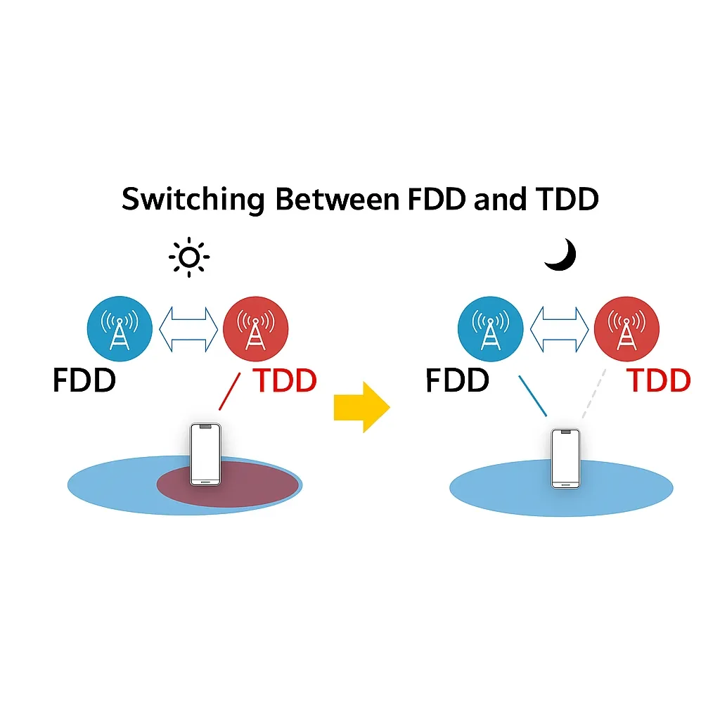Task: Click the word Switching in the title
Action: (193, 200)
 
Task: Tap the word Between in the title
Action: (337, 199)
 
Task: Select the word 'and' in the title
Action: (500, 199)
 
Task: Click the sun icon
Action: (189, 257)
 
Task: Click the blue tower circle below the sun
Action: (120, 329)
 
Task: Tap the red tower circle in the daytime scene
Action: (256, 329)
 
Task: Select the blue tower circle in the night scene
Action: (490, 329)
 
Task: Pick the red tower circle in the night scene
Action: (626, 329)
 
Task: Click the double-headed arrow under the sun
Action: (188, 329)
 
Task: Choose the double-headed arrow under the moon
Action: (559, 329)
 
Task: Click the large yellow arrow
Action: (362, 407)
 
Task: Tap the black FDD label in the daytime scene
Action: (84, 380)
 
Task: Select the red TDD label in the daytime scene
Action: (285, 380)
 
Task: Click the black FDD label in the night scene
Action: (457, 380)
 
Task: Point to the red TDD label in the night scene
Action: (658, 380)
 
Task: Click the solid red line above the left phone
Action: (230, 391)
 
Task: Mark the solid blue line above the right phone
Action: (533, 396)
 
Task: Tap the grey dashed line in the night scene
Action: (593, 394)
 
